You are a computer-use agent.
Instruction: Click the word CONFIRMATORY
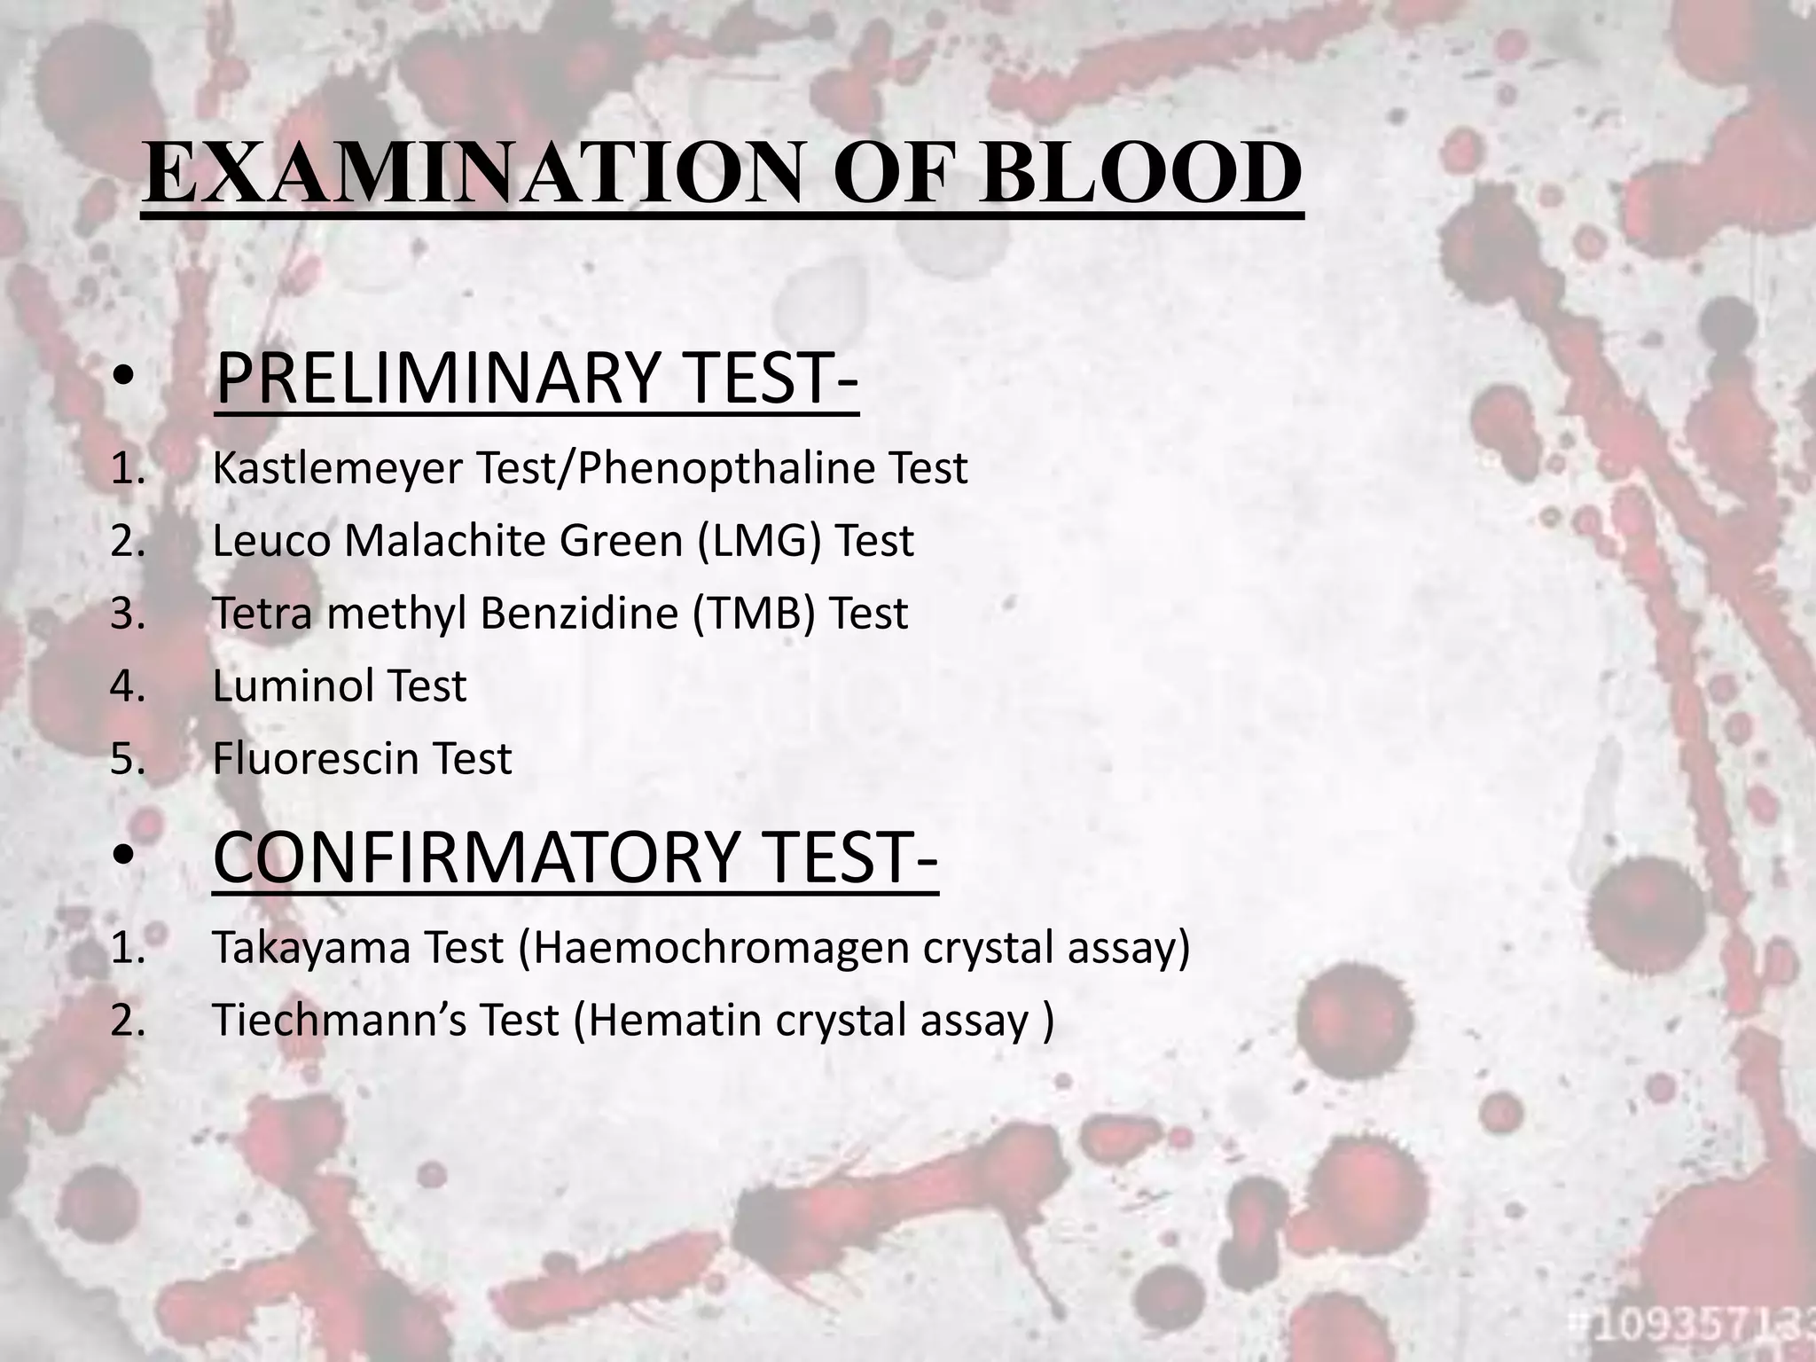475,857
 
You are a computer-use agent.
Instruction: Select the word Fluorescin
315,759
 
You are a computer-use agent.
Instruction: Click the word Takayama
310,947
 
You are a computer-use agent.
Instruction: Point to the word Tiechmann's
340,1020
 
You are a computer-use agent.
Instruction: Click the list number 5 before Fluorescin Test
127,759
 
